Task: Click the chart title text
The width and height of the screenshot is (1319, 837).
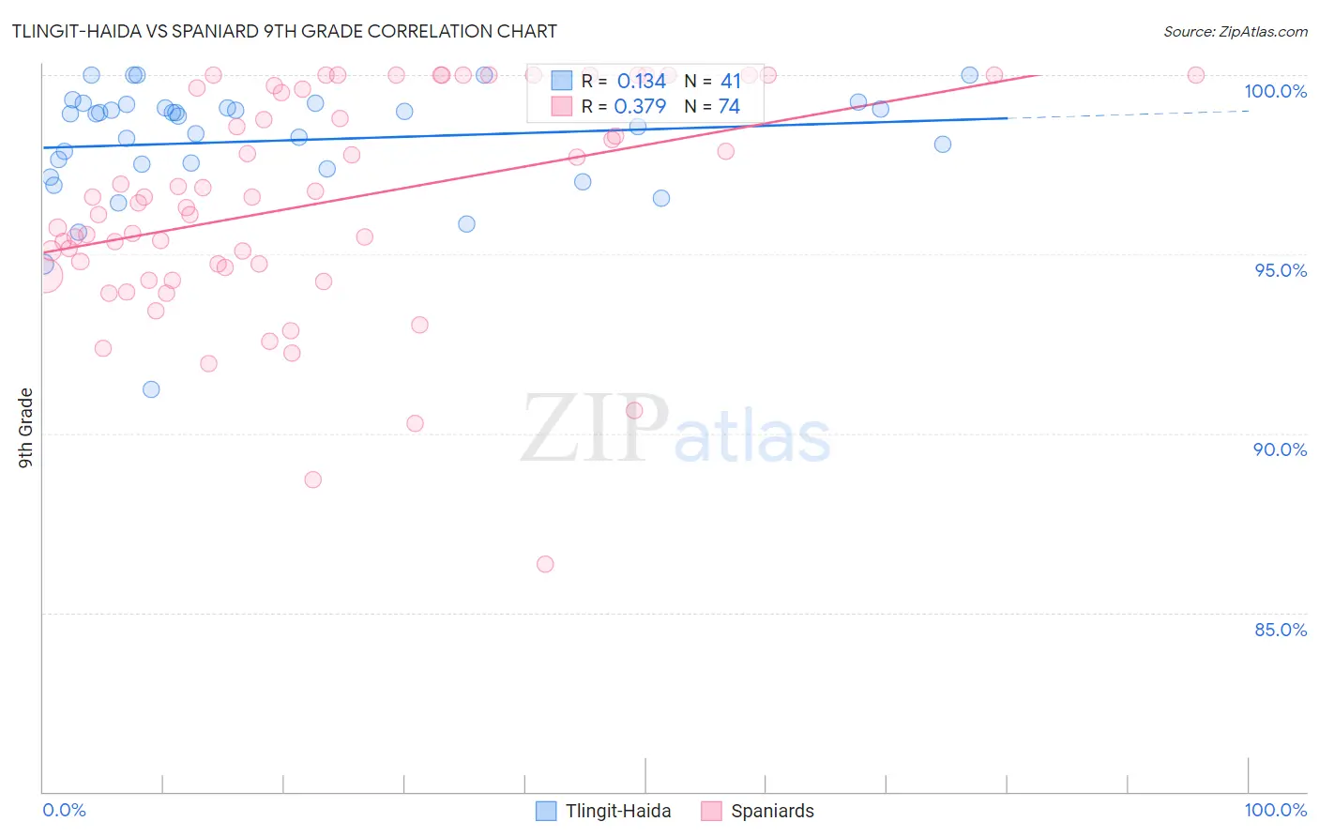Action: point(284,31)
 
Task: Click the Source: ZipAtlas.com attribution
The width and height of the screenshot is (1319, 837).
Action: point(1235,31)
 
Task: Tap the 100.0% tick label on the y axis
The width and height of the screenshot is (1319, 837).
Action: point(1275,91)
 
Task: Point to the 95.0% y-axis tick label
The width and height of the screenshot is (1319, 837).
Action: point(1281,270)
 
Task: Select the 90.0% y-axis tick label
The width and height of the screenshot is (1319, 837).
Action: point(1280,449)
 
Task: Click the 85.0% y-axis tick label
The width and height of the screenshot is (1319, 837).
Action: point(1281,630)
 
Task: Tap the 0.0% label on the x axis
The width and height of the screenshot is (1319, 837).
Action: point(64,810)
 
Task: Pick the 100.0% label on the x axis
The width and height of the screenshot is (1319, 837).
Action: point(1275,810)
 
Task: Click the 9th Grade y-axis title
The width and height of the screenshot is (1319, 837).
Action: point(26,427)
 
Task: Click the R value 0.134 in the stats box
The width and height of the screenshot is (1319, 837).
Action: point(641,82)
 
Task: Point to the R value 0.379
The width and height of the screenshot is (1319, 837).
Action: point(640,107)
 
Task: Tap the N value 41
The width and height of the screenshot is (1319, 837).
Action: point(731,82)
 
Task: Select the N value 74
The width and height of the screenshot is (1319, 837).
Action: point(729,107)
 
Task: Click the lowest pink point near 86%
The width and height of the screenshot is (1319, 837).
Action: point(545,564)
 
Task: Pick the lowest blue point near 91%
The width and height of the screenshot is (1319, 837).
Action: point(151,389)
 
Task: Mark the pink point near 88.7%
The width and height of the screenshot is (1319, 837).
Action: point(313,479)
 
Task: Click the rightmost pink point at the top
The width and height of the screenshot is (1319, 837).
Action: point(1196,75)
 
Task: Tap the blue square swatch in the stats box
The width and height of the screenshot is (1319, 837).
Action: point(562,81)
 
